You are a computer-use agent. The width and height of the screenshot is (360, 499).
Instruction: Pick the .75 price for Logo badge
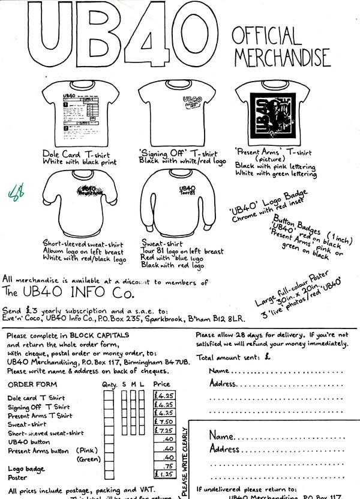168,465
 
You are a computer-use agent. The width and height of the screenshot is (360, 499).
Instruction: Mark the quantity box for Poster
109,474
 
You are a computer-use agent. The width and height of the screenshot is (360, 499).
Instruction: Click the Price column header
161,384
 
